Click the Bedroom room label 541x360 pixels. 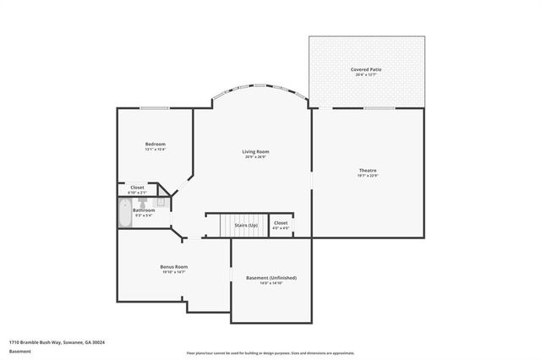tap(155, 144)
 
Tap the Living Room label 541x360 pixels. tap(255, 151)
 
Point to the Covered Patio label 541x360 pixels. tap(367, 68)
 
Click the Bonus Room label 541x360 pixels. tap(173, 266)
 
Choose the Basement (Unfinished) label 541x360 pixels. tap(270, 277)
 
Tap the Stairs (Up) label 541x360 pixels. tap(246, 225)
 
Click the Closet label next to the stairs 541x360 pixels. tap(280, 223)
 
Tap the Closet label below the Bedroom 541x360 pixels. tap(137, 188)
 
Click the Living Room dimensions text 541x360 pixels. tap(255, 156)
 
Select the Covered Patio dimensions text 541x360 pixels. tap(367, 74)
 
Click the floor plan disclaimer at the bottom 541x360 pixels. tap(270, 352)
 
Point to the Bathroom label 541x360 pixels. tap(144, 210)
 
